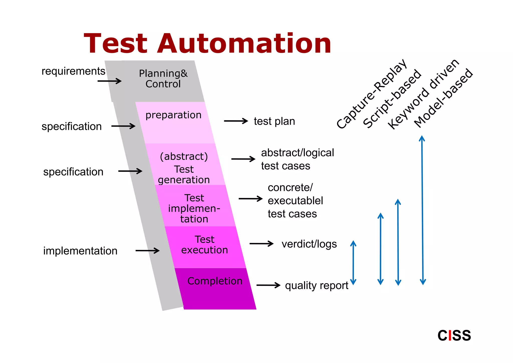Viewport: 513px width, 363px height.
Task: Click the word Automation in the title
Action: point(244,44)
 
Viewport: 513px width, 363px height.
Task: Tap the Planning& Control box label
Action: point(163,79)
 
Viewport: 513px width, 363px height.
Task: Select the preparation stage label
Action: point(173,115)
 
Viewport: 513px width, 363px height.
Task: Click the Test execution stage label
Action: point(204,245)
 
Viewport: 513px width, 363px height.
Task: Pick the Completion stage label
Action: point(215,281)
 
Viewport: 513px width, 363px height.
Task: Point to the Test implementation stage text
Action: point(194,209)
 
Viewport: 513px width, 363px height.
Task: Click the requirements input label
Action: point(73,71)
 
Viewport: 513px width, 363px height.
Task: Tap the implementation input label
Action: point(80,251)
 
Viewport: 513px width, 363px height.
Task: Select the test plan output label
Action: point(274,121)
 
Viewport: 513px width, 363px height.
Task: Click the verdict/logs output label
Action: point(309,244)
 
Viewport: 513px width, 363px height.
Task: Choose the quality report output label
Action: point(317,286)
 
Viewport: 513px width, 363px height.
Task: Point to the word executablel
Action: point(295,201)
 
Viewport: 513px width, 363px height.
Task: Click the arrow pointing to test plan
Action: point(236,121)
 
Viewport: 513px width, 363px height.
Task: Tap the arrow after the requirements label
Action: point(109,81)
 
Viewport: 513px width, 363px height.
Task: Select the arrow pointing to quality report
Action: point(268,285)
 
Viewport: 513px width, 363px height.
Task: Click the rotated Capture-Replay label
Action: point(372,94)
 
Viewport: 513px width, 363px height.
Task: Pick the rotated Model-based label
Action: point(443,98)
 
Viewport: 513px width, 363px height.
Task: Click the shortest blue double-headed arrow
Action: point(353,262)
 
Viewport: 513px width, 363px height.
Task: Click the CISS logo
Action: point(454,335)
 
